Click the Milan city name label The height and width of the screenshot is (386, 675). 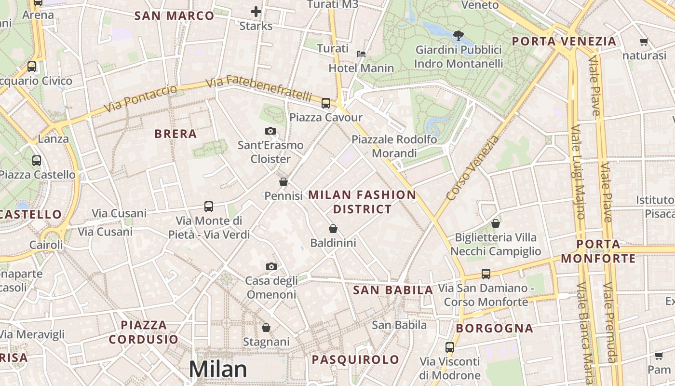click(x=218, y=369)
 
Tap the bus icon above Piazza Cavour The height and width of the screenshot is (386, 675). click(x=326, y=103)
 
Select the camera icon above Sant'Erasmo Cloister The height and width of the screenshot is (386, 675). click(x=270, y=131)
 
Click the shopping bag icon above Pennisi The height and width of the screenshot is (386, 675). click(x=283, y=182)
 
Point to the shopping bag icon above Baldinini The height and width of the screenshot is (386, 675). click(x=333, y=228)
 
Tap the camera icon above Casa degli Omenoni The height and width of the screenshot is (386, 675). click(x=271, y=266)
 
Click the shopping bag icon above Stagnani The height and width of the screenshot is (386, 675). click(x=266, y=328)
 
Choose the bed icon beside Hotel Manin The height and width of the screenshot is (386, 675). click(x=361, y=54)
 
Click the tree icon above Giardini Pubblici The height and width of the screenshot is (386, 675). click(x=459, y=35)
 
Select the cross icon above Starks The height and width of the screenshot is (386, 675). click(x=256, y=12)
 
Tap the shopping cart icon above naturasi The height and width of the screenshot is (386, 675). click(x=644, y=41)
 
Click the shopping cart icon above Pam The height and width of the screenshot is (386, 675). click(x=659, y=356)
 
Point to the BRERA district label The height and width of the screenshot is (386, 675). click(x=175, y=134)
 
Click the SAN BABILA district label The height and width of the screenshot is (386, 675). click(x=393, y=290)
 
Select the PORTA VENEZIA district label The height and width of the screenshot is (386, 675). click(x=564, y=41)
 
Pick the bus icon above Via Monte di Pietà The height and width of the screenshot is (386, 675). click(x=209, y=207)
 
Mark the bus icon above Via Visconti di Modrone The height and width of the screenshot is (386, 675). click(x=450, y=347)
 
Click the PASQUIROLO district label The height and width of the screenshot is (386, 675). click(x=355, y=359)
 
